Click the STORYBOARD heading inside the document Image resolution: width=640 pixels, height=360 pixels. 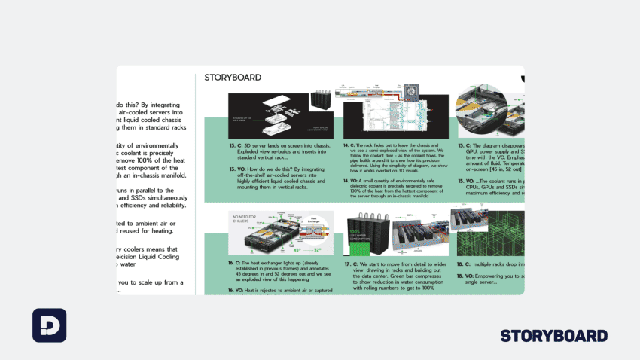click(233, 77)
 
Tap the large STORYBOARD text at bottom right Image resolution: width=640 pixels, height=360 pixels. click(553, 336)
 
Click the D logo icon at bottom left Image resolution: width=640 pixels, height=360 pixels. click(49, 325)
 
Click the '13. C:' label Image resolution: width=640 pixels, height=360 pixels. click(238, 145)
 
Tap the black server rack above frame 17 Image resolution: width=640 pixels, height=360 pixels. click(373, 230)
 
